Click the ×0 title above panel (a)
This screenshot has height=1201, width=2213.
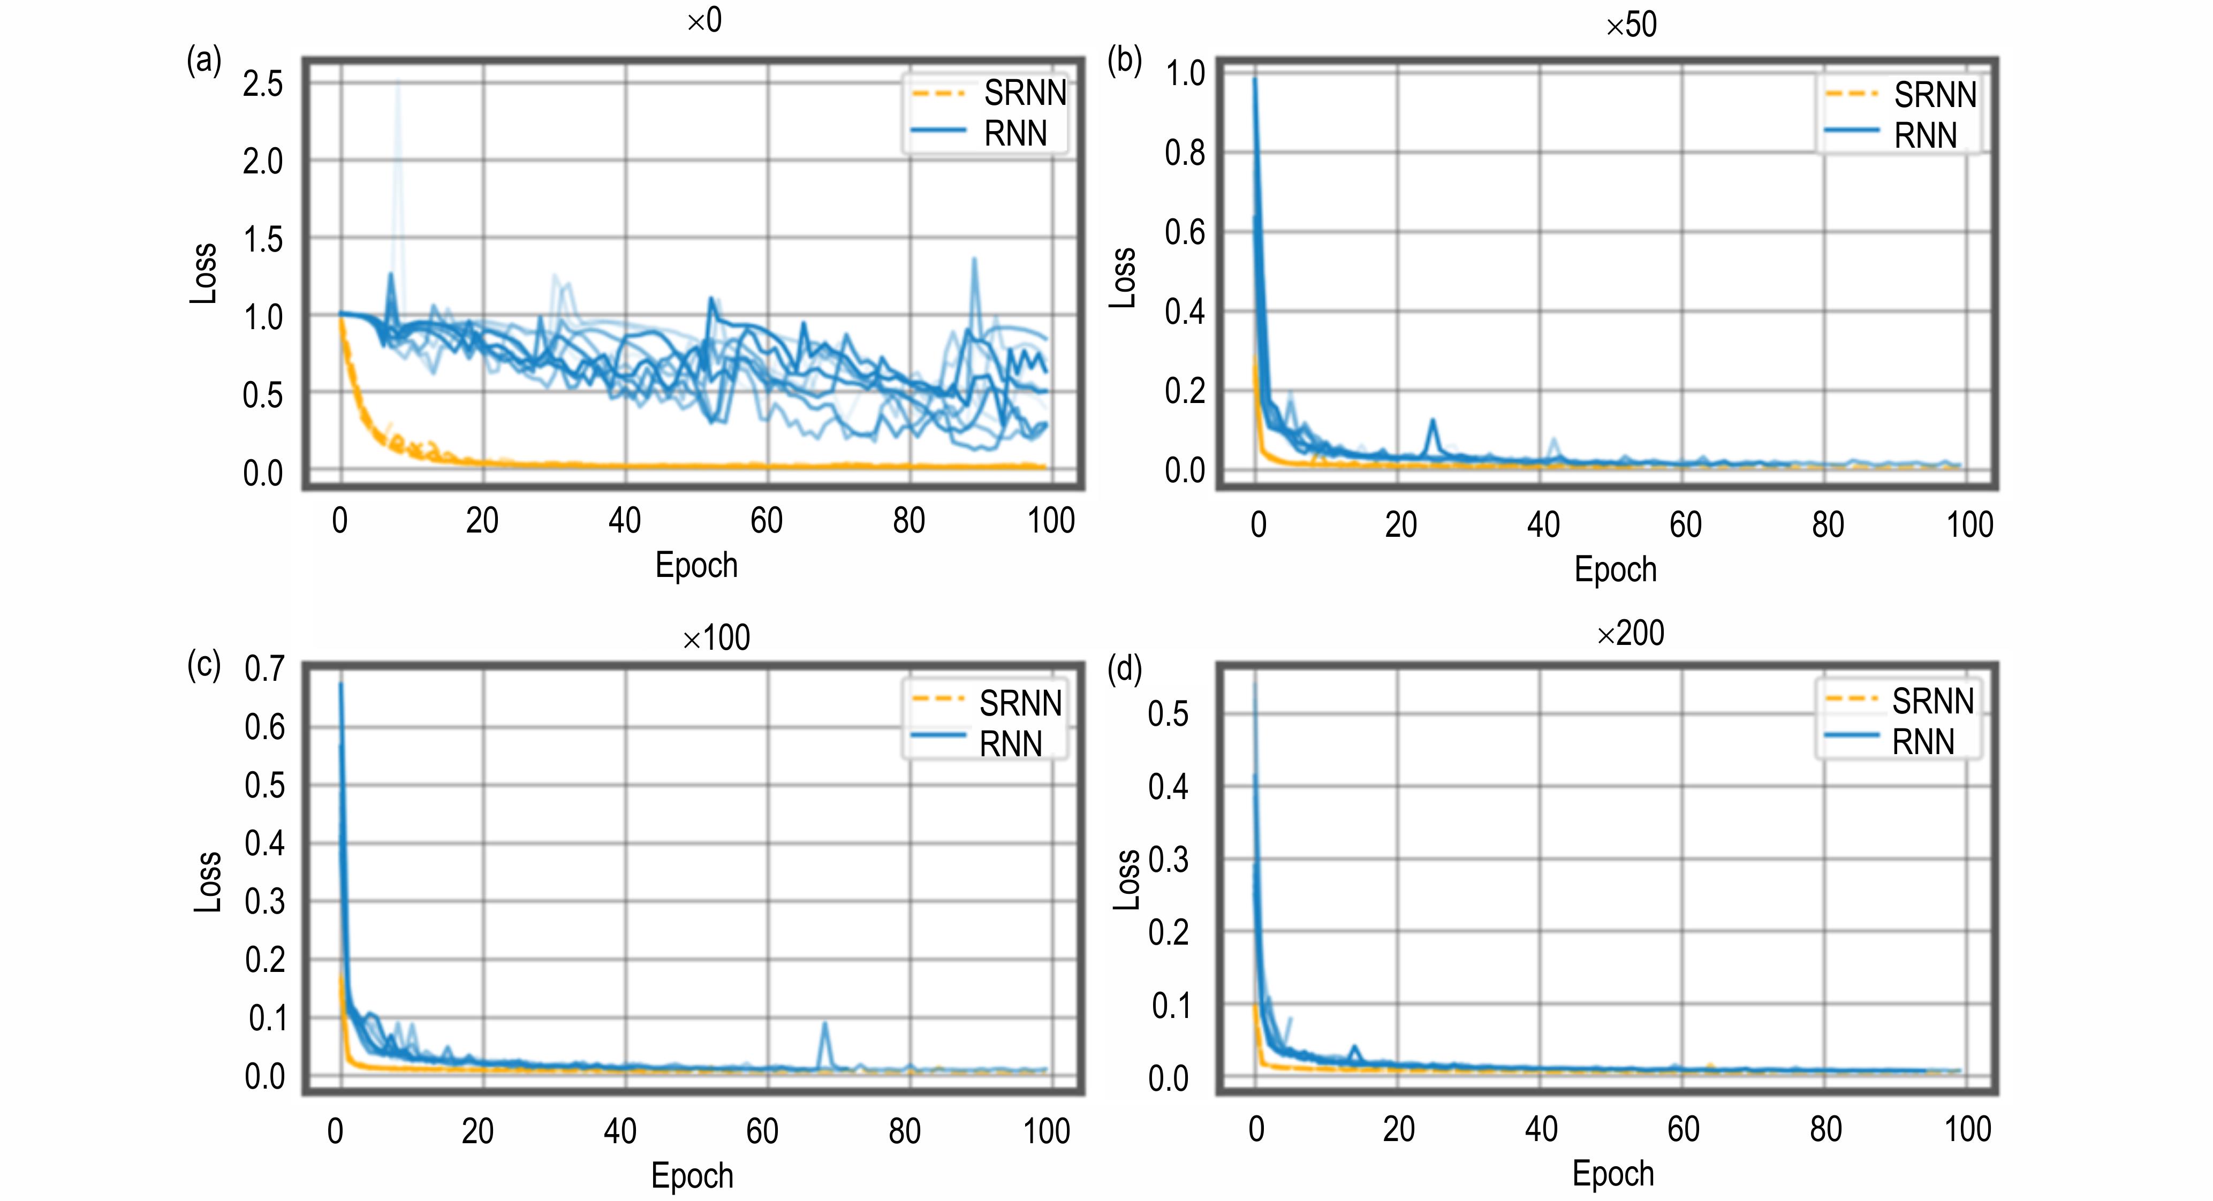[704, 21]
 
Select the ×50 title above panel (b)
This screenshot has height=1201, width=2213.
[1631, 25]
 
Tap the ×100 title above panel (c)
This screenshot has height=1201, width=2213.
[716, 637]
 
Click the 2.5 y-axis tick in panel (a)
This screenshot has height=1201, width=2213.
[262, 84]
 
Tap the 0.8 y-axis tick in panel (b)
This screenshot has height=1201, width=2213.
[1184, 153]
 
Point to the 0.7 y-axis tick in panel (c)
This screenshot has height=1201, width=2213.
[264, 668]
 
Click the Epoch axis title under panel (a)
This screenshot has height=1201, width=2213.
[696, 565]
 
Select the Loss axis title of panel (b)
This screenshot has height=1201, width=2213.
[1123, 277]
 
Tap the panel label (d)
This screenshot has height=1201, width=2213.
[1124, 669]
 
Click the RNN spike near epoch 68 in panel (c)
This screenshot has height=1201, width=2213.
[825, 1024]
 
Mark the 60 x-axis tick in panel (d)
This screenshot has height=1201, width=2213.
[1683, 1129]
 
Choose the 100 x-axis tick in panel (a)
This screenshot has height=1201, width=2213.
[1051, 521]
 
